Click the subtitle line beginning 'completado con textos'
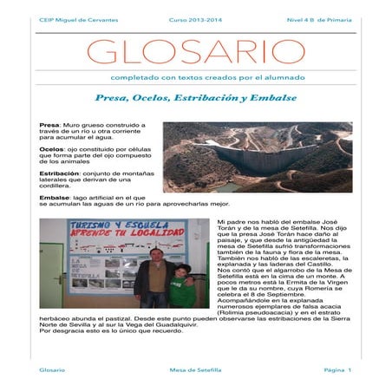[x=195, y=79]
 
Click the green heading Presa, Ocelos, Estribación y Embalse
[x=195, y=98]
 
